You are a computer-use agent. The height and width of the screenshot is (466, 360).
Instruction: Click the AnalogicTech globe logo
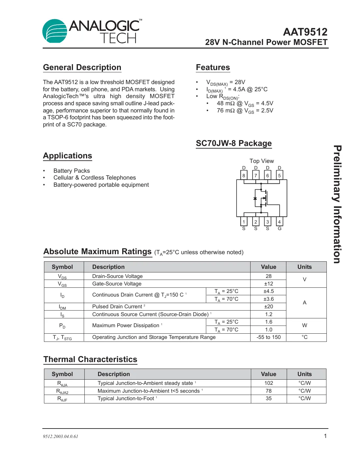pos(55,31)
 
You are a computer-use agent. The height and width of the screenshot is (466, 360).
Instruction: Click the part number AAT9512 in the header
pos(305,32)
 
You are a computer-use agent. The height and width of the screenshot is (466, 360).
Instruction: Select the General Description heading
pos(82,67)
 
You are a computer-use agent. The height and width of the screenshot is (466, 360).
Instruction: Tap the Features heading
pos(213,67)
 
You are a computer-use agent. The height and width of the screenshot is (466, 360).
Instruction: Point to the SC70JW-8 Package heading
pos(234,143)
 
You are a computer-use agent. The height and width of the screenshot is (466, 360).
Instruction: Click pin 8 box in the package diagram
pos(244,175)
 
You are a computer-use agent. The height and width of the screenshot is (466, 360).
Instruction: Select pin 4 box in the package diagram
pos(280,222)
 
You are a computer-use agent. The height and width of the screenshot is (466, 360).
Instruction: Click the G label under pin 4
pos(280,229)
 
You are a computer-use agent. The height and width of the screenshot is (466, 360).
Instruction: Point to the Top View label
pos(262,161)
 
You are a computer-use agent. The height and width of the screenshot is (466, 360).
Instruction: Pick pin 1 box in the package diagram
pos(244,222)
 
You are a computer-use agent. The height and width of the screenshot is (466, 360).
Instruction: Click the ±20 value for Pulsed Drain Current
pos(268,307)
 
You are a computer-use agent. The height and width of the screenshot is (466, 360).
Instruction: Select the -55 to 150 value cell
pos(268,337)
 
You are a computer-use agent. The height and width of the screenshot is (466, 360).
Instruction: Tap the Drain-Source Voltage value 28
pos(268,276)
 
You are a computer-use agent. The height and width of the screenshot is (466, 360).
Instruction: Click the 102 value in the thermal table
pos(268,383)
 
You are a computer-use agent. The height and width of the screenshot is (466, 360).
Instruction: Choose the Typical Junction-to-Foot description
pos(126,399)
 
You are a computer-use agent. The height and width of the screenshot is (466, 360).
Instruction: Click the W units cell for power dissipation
pos(305,326)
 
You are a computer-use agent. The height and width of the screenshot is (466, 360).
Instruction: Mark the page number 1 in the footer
pos(325,436)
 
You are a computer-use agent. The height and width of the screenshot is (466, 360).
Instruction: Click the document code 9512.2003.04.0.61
pos(61,436)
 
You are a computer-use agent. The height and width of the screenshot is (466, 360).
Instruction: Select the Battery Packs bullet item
pos(72,171)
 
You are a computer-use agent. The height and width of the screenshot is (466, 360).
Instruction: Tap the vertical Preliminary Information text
pos(337,204)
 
